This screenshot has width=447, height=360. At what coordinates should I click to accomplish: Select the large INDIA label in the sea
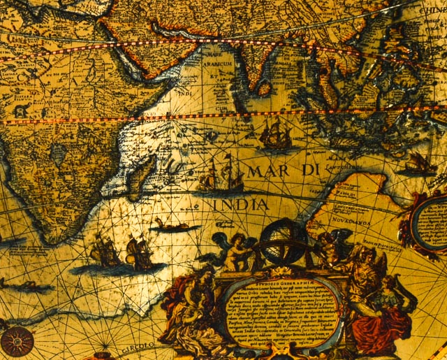241,205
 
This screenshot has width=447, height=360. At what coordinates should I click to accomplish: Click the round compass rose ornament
17,341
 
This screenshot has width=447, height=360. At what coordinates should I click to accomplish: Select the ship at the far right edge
420,164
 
